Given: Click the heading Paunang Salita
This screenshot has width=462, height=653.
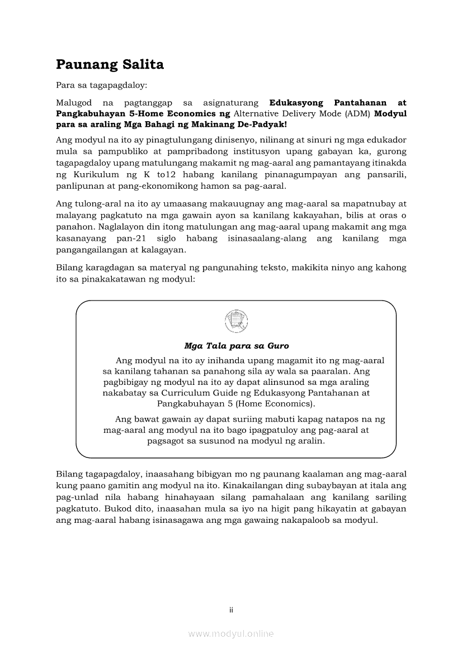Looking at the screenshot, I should (110, 65).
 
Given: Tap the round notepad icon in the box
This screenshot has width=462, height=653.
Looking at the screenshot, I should (236, 321).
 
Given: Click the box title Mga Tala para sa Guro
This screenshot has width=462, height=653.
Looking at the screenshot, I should (236, 346).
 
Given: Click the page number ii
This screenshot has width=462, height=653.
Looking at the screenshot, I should (231, 610).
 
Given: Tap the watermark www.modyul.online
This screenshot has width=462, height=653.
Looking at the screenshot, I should (231, 633).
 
